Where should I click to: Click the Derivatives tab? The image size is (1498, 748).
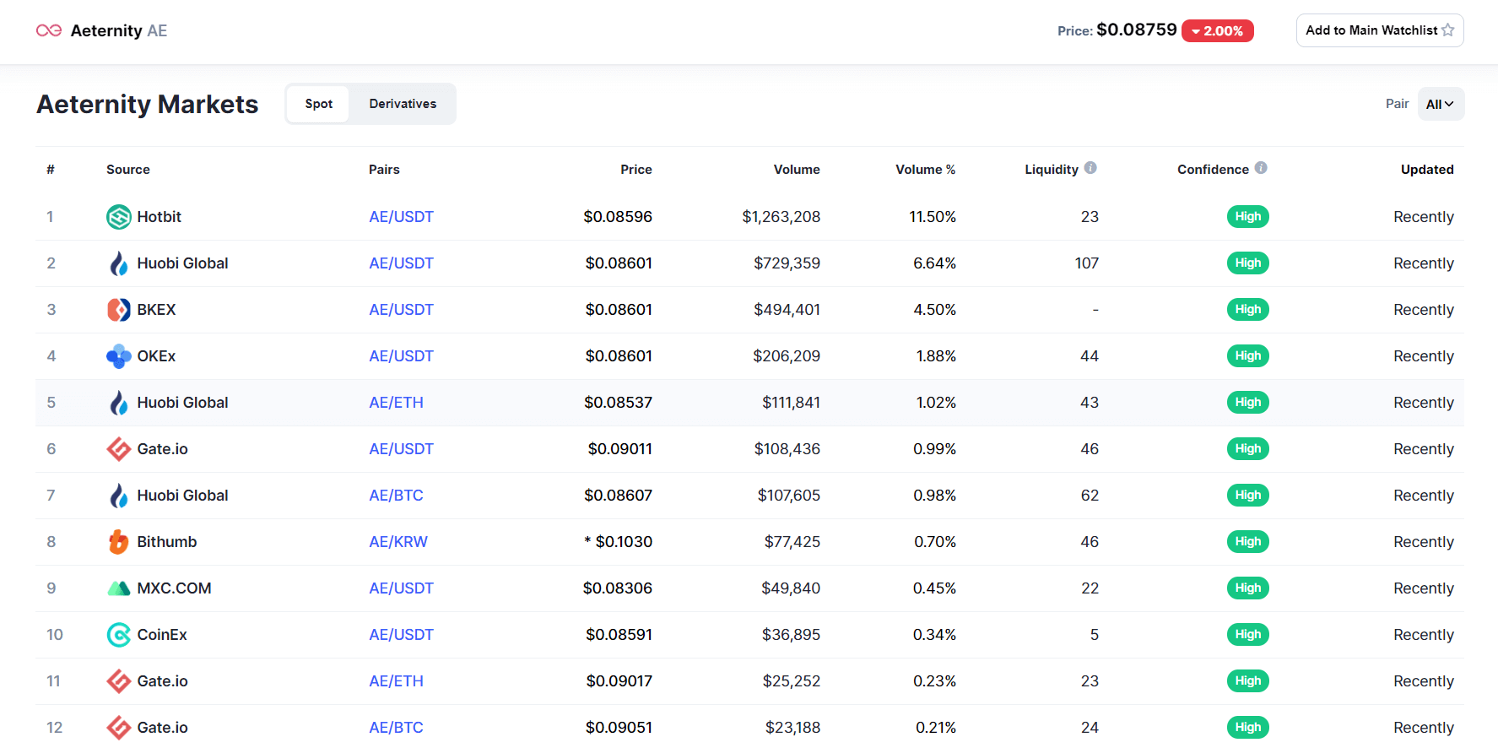403,104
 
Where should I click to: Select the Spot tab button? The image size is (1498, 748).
318,104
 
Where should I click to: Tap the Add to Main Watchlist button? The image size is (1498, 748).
1379,30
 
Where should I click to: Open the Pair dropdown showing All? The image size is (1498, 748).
1440,104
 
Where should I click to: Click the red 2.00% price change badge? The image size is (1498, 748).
1217,31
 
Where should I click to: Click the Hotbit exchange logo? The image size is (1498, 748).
118,217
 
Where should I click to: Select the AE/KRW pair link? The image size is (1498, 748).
398,542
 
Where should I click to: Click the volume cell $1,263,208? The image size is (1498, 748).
781,217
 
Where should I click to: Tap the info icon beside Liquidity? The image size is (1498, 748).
1090,168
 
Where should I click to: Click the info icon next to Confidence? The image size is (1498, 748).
1261,168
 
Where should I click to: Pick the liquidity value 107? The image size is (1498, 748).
1086,263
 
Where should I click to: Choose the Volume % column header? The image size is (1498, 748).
925,170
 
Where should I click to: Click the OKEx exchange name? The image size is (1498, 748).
156,356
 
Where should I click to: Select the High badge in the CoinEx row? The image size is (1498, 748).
1247,635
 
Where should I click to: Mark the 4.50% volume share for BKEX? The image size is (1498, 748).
934,310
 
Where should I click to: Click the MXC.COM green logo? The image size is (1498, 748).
118,588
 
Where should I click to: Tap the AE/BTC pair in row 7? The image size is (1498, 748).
396,496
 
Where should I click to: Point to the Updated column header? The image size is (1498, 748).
1426,170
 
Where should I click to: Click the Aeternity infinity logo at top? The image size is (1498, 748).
49,30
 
